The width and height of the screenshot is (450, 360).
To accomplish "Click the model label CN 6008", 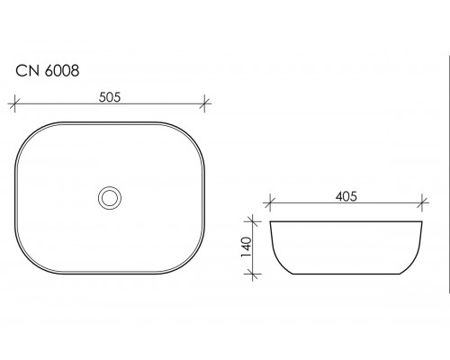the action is tap(48, 71).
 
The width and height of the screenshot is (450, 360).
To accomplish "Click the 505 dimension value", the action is tap(110, 97).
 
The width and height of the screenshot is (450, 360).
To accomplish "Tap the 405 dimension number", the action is tap(346, 196).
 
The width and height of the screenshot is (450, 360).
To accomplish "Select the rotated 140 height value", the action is tap(246, 247).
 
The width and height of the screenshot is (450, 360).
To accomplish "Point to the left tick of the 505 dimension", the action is tap(14, 103).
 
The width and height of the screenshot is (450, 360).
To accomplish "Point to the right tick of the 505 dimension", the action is tap(204, 103).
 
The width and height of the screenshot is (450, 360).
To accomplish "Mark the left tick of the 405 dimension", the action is tap(270, 202).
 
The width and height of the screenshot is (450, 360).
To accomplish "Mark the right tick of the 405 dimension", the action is tap(422, 202).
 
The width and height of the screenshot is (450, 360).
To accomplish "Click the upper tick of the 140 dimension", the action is tap(253, 221).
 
